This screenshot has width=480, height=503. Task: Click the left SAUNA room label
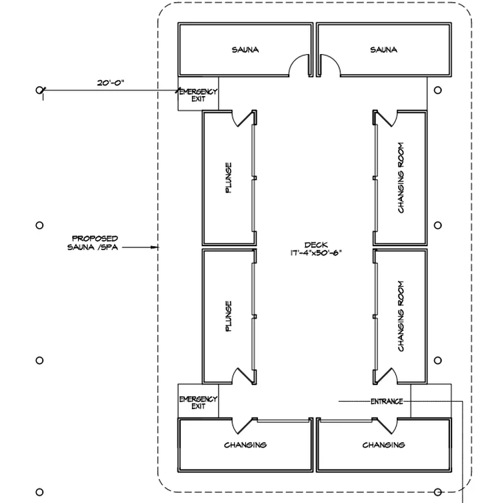(245, 50)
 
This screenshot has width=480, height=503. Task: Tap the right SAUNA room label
(383, 50)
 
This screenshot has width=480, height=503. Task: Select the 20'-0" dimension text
(111, 83)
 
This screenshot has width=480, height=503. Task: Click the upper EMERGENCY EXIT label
(198, 95)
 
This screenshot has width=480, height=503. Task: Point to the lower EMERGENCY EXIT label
(198, 402)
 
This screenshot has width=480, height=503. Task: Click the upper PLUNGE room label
(228, 177)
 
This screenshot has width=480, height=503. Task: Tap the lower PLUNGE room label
(228, 316)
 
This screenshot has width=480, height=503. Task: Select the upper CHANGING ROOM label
(401, 177)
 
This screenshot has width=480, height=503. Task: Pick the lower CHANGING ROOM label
(401, 316)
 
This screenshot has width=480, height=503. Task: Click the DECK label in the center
(316, 245)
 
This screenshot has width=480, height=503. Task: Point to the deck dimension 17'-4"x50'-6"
(316, 253)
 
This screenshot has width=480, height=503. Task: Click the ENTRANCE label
(387, 402)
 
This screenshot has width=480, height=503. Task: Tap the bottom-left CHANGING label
(245, 445)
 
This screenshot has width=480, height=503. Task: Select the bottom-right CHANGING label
(383, 445)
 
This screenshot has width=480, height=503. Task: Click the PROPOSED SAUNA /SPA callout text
(93, 243)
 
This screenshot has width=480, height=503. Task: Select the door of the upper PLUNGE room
(244, 119)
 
